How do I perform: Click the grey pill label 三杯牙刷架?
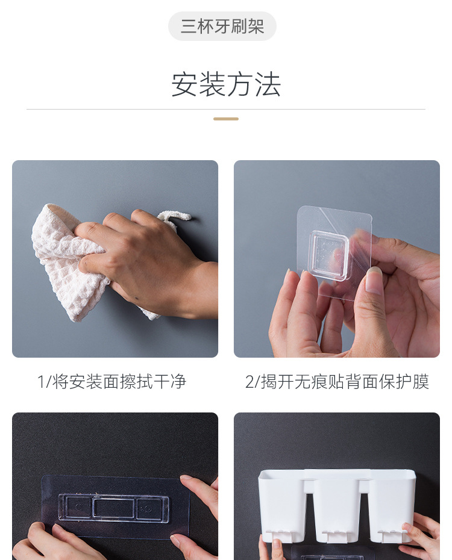tap(222, 26)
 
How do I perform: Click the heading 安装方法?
tap(226, 84)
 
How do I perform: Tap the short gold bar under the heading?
tap(226, 119)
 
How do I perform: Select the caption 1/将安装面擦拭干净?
tap(112, 381)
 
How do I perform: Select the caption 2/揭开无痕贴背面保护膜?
tap(337, 381)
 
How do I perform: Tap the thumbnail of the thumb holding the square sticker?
tap(374, 280)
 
